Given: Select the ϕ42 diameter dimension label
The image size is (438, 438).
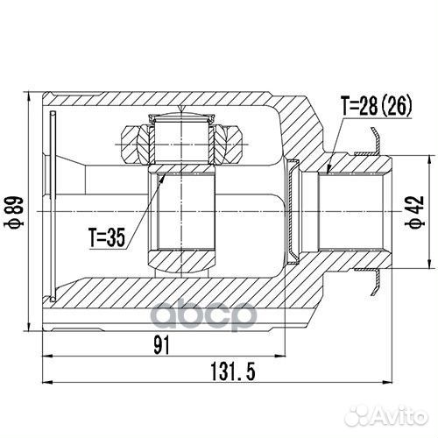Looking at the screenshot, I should (410, 211).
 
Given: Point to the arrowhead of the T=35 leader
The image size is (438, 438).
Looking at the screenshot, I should (165, 174).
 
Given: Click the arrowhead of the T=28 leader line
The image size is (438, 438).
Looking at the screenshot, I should (326, 172).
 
